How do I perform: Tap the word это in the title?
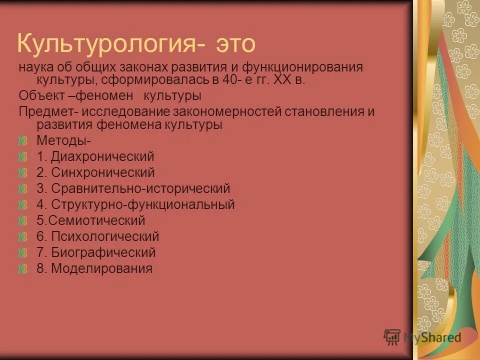(235, 44)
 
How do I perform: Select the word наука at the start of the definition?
(36, 67)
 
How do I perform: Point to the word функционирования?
(306, 67)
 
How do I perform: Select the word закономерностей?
(227, 111)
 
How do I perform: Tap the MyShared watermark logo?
(422, 337)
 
